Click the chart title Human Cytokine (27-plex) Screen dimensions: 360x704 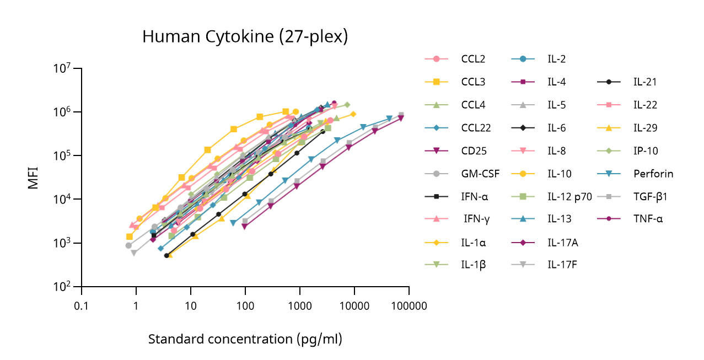(x=245, y=36)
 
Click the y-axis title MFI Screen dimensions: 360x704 (x=34, y=177)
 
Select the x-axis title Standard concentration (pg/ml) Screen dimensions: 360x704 (x=245, y=338)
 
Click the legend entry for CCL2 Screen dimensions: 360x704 (x=473, y=59)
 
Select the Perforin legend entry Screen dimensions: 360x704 (x=653, y=174)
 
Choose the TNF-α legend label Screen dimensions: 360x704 (x=648, y=219)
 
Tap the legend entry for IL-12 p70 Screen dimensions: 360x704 (x=569, y=196)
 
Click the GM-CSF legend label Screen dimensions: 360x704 (x=480, y=174)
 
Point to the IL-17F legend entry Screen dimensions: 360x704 (x=562, y=265)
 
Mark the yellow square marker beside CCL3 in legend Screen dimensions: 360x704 (x=436, y=82)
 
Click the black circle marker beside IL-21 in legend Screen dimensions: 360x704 (x=608, y=82)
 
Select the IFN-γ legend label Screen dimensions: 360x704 (x=476, y=219)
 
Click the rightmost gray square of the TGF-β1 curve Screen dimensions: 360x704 (x=401, y=115)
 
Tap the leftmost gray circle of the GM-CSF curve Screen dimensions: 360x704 (x=128, y=245)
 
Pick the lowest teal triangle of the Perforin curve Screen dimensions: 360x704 (x=233, y=223)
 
